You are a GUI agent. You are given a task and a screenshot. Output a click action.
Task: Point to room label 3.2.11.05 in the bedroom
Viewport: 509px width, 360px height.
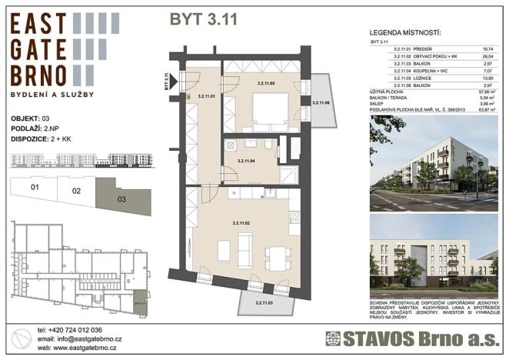(x=266, y=82)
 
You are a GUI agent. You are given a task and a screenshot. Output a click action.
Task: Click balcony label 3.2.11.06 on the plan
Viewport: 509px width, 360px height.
(x=320, y=102)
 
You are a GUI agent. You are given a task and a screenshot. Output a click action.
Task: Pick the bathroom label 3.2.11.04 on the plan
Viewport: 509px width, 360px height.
(x=246, y=161)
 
